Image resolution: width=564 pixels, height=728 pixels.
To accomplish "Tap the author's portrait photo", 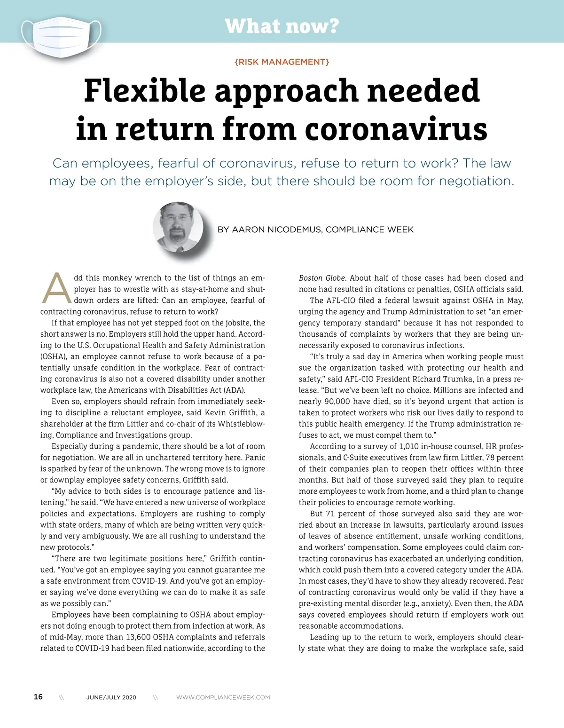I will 178,227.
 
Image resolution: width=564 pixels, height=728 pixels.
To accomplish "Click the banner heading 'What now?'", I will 282,26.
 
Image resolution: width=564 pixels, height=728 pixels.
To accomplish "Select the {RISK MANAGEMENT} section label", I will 282,62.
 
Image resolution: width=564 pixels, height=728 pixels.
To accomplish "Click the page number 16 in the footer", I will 38,697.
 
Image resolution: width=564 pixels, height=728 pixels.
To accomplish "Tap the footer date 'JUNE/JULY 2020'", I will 111,697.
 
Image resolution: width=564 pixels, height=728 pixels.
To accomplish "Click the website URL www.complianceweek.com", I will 223,697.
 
